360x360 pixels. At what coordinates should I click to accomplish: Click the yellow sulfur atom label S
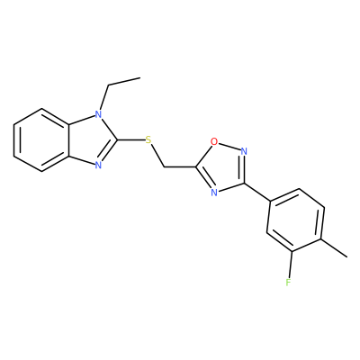tap(148, 139)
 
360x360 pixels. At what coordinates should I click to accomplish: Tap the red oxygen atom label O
tap(214, 141)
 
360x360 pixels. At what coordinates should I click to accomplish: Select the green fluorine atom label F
tap(288, 283)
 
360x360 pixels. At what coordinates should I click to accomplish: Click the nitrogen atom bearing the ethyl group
tap(98, 114)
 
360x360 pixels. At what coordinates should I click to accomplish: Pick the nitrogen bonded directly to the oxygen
tap(244, 151)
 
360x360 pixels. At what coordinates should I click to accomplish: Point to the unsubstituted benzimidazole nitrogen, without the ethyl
tap(98, 166)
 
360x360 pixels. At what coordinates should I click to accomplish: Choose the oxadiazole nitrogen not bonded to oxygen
tap(214, 193)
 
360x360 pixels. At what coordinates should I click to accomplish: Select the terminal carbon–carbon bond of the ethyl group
tap(123, 82)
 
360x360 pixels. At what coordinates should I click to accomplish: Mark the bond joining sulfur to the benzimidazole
tap(130, 139)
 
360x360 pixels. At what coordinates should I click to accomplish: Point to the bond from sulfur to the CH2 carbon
tap(157, 156)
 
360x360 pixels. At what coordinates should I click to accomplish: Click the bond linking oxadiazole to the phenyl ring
tap(256, 192)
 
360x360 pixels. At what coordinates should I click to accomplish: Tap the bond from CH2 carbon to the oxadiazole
tap(180, 166)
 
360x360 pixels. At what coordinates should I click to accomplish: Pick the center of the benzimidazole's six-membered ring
tap(42, 139)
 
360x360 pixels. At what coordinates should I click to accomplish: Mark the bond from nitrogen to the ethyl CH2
tap(103, 98)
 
